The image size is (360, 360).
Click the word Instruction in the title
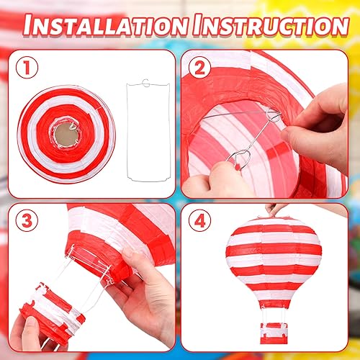click(x=266, y=24)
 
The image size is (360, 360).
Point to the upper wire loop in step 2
click(x=273, y=115)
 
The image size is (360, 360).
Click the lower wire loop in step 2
click(x=240, y=157)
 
